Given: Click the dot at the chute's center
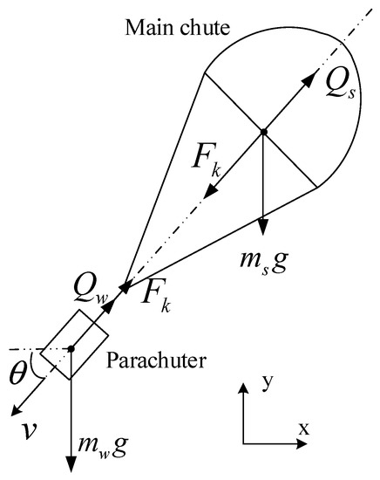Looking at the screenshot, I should (263, 132).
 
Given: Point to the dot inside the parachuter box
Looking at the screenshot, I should (71, 348).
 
